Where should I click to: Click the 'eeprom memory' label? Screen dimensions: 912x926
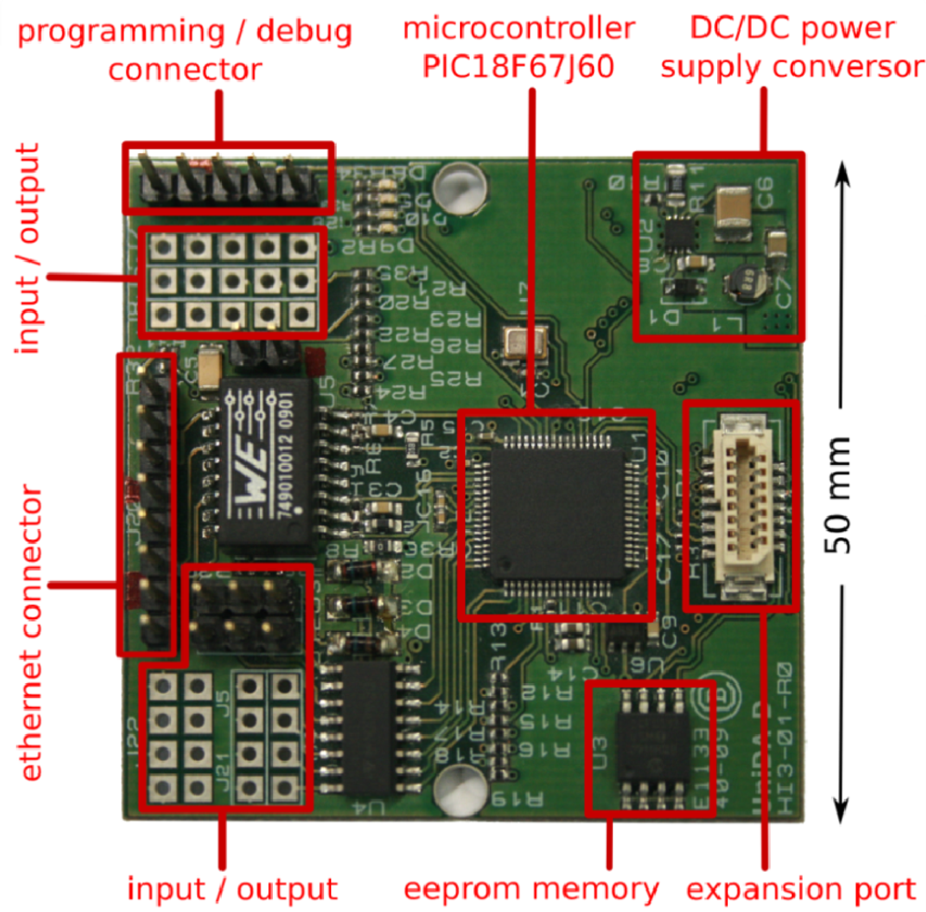pyautogui.click(x=532, y=888)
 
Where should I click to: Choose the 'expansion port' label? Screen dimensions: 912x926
pyautogui.click(x=799, y=888)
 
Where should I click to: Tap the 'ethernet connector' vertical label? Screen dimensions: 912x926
pyautogui.click(x=33, y=634)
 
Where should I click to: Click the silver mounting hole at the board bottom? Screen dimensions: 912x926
pyautogui.click(x=458, y=791)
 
